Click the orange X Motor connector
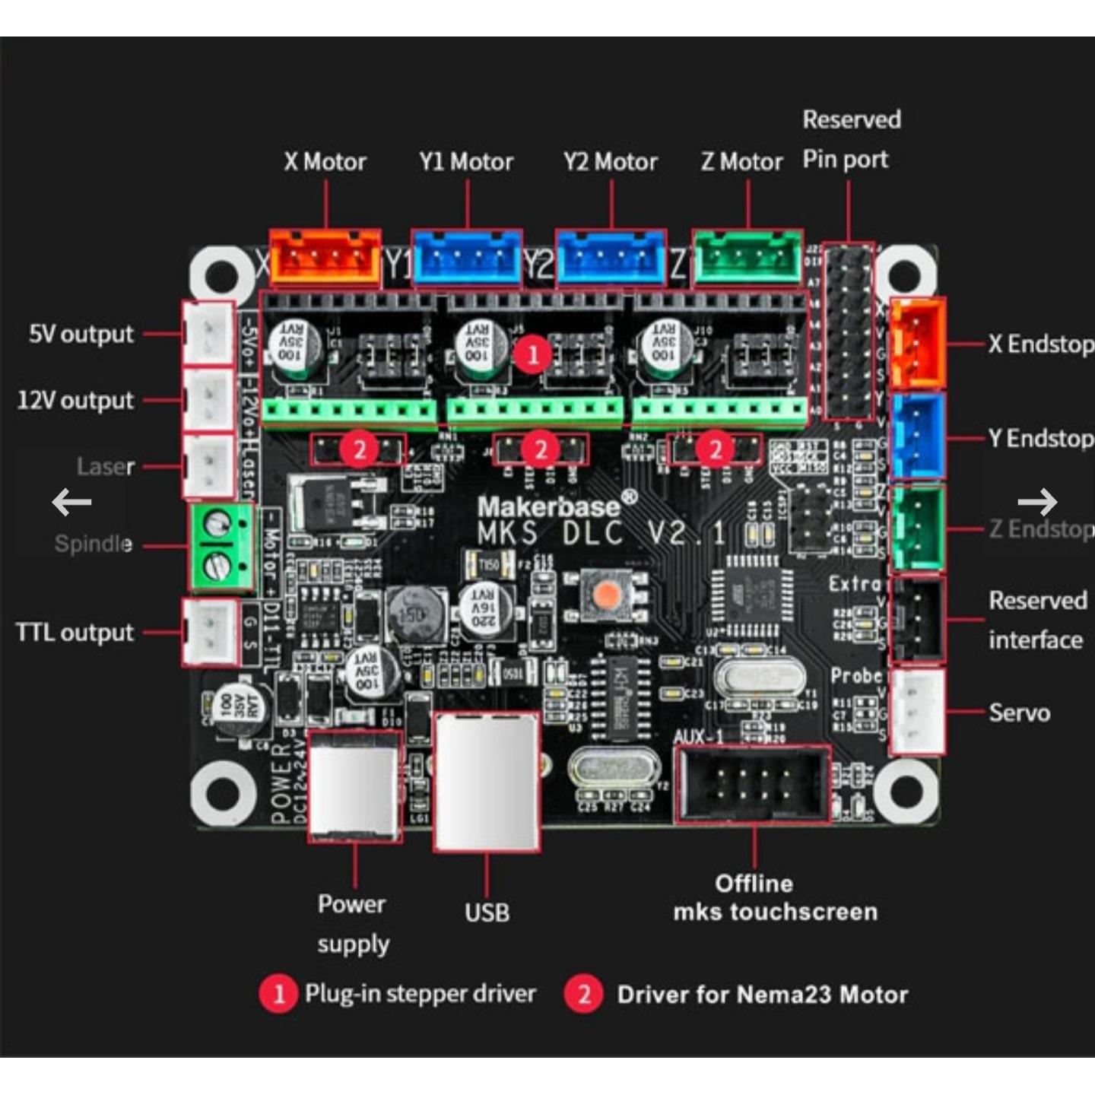(325, 256)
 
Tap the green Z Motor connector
(747, 256)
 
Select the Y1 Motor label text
(466, 162)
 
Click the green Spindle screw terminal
(221, 545)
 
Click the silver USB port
(487, 781)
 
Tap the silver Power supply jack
(355, 786)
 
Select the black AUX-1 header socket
(752, 784)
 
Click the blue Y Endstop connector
(917, 436)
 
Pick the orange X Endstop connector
(917, 343)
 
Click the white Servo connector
(917, 711)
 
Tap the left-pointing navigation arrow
(71, 502)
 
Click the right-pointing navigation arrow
(1037, 502)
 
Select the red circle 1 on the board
(532, 354)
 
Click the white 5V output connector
(208, 333)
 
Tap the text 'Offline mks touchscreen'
(774, 897)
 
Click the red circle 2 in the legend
(584, 994)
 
